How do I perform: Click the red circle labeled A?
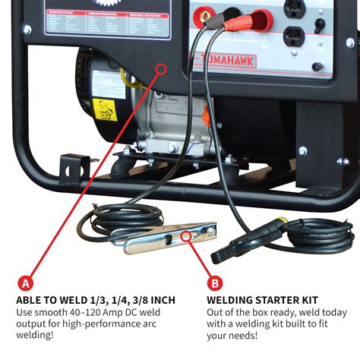pyautogui.click(x=27, y=283)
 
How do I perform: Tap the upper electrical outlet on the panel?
pyautogui.click(x=296, y=8)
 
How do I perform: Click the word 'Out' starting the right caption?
pyautogui.click(x=217, y=312)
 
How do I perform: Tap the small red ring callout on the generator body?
pyautogui.click(x=161, y=68)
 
